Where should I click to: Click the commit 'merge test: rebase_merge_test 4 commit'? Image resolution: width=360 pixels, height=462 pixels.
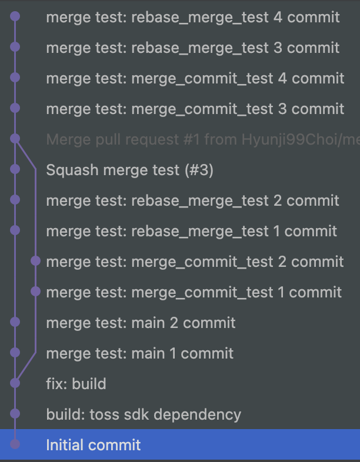pyautogui.click(x=192, y=17)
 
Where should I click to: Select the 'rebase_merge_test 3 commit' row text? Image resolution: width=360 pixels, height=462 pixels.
pyautogui.click(x=192, y=48)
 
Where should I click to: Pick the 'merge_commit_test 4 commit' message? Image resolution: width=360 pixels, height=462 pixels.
pyautogui.click(x=195, y=78)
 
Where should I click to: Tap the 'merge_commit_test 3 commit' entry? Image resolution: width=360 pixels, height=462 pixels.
pyautogui.click(x=195, y=109)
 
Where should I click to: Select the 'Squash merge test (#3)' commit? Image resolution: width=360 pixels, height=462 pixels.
pyautogui.click(x=129, y=170)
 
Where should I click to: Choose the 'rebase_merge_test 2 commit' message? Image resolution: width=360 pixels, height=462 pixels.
pyautogui.click(x=192, y=201)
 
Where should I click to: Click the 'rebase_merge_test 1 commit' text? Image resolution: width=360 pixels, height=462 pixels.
pyautogui.click(x=191, y=232)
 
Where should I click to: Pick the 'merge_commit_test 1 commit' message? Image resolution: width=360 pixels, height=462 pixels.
pyautogui.click(x=194, y=292)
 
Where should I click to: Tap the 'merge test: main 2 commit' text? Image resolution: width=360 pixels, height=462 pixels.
pyautogui.click(x=141, y=323)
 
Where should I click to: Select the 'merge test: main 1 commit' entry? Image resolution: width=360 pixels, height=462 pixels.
pyautogui.click(x=139, y=353)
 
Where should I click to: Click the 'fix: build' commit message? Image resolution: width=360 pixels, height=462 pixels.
pyautogui.click(x=76, y=384)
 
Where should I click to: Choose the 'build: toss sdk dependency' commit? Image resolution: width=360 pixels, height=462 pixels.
pyautogui.click(x=144, y=414)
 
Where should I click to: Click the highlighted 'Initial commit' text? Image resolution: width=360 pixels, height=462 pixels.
pyautogui.click(x=94, y=445)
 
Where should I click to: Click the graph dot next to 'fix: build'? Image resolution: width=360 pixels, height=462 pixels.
pyautogui.click(x=15, y=383)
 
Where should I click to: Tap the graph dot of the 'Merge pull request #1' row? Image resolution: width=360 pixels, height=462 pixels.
pyautogui.click(x=15, y=139)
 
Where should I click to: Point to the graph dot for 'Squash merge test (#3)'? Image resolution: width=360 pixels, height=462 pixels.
pyautogui.click(x=15, y=169)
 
